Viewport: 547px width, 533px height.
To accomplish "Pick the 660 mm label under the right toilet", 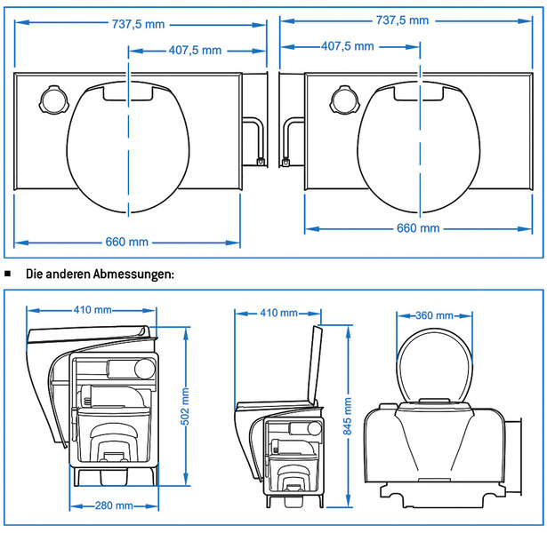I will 417,228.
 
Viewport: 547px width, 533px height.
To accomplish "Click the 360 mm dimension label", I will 436,315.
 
